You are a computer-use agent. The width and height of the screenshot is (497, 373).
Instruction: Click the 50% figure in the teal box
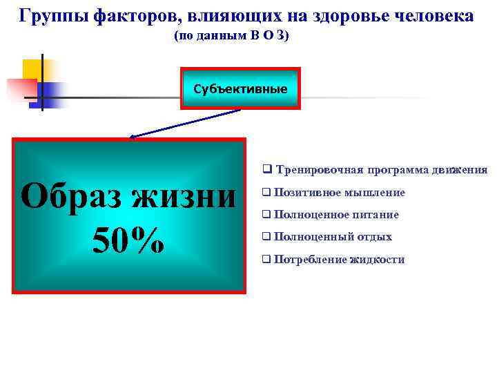128,239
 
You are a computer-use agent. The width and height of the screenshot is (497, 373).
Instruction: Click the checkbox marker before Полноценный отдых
266,237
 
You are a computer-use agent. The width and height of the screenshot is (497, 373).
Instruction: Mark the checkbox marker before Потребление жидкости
266,260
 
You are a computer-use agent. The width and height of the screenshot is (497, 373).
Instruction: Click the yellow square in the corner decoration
32,69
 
